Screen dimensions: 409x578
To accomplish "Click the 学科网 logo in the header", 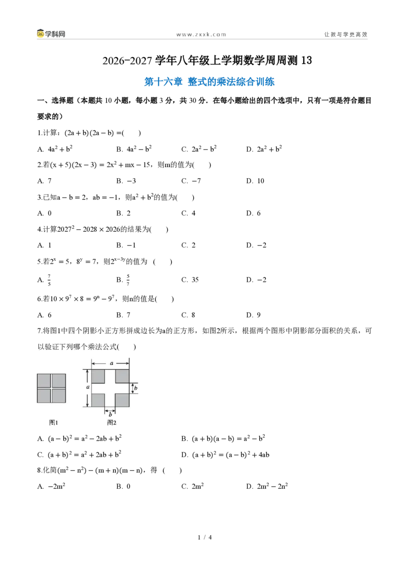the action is coord(51,34).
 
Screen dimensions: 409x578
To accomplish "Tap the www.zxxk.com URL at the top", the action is coord(201,34).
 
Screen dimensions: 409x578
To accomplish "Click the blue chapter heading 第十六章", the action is coord(163,82).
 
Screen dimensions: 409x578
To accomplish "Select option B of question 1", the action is coord(134,149).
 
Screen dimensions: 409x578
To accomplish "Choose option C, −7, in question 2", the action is coord(191,181).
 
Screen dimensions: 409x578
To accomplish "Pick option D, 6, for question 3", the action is coord(253,213).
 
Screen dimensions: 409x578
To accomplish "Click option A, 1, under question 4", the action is coord(44,245).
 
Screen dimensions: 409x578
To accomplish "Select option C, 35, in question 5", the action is coord(190,280).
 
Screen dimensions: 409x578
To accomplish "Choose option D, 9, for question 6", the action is coord(253,315).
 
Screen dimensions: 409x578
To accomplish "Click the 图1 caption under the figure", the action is coord(54,422).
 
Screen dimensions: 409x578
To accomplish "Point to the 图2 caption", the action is coord(111,422).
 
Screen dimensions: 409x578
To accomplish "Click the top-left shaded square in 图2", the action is coord(98,376).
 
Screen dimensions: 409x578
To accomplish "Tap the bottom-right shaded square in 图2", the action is coord(122,400).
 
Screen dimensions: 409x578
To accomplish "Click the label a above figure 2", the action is coord(111,363).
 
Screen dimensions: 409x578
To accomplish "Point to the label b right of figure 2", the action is coord(135,388).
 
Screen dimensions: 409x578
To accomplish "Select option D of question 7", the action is coord(225,454).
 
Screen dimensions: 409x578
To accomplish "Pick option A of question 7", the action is coord(79,438).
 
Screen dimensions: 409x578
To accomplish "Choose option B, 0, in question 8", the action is coord(123,486).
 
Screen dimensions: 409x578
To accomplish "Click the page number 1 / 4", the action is coord(205,538).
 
